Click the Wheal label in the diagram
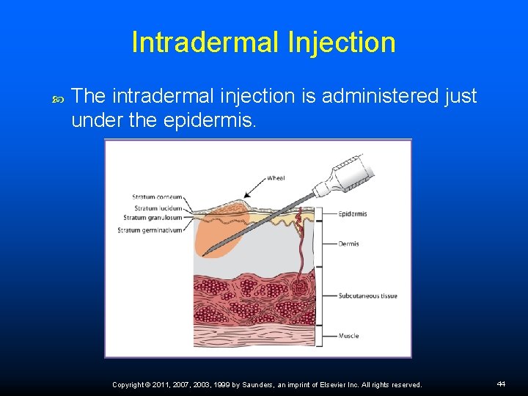[x=276, y=177]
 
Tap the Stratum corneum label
[x=157, y=197]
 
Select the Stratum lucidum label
[x=158, y=208]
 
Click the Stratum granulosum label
[x=153, y=217]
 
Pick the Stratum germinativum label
[x=150, y=230]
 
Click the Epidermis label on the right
[x=353, y=214]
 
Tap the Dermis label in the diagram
[x=348, y=243]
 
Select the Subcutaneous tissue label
[x=367, y=296]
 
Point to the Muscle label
[x=348, y=336]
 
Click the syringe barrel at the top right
[x=345, y=172]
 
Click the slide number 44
[x=501, y=384]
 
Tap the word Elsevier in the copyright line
[x=323, y=384]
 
